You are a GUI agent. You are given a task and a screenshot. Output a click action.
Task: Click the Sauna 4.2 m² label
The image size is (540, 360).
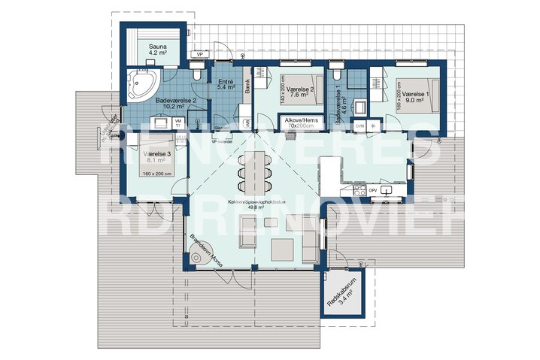[x=157, y=50]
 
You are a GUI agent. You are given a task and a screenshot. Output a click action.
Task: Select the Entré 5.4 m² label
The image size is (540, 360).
[x=226, y=84]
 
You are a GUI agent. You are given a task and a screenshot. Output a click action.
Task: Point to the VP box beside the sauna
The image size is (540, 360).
[x=200, y=55]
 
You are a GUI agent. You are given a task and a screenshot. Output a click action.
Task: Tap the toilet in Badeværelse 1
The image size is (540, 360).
[x=335, y=74]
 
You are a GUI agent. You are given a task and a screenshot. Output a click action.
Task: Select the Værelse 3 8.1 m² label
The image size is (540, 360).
[x=157, y=156]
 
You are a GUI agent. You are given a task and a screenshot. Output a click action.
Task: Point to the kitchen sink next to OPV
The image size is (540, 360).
[x=387, y=190]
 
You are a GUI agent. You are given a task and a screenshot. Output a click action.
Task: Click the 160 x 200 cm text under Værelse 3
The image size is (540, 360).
[x=156, y=173]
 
